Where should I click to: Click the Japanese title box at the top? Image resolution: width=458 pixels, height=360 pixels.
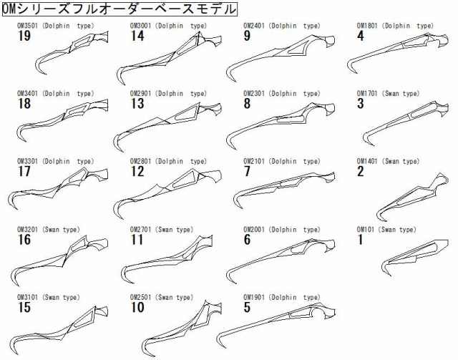(120, 9)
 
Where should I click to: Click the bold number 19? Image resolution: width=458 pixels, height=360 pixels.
(24, 36)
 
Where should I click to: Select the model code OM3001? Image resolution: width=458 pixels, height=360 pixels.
(140, 26)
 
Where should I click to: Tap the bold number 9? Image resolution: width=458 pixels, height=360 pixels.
(247, 36)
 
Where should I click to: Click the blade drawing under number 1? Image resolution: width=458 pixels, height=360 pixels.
(415, 257)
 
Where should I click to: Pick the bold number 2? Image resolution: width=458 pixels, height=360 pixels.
(360, 172)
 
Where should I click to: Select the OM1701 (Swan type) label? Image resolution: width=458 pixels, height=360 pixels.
(388, 94)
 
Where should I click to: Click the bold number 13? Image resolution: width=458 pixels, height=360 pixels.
(137, 104)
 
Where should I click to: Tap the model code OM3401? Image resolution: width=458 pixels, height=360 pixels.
(27, 94)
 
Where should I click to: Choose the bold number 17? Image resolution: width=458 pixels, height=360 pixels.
(24, 172)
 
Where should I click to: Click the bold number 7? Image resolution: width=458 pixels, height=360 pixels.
(247, 172)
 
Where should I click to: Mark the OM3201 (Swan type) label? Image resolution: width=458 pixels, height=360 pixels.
(48, 230)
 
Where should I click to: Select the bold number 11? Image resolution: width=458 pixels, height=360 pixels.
(137, 240)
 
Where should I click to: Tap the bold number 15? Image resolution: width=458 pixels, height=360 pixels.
(24, 308)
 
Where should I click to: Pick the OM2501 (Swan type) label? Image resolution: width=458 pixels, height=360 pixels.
(162, 298)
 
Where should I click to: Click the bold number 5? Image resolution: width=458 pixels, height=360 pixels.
(247, 308)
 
